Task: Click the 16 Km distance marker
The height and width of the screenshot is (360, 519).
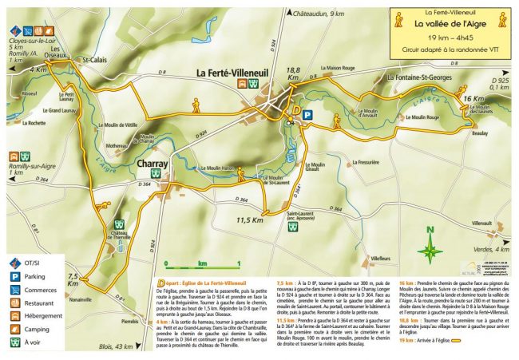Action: point(473,98)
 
